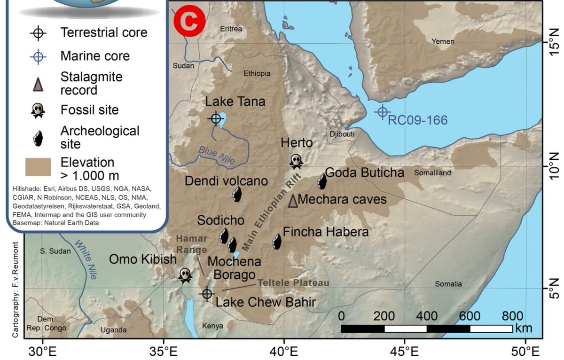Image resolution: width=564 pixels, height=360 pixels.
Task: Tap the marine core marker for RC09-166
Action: click(x=382, y=112)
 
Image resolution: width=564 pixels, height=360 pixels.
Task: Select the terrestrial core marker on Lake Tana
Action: click(x=216, y=118)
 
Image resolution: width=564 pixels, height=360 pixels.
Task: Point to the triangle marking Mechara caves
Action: click(x=293, y=201)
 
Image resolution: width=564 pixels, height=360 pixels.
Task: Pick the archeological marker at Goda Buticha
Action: click(x=322, y=181)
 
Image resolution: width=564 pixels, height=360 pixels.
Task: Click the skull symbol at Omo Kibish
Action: click(x=185, y=275)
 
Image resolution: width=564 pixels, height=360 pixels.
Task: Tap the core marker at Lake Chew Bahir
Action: click(x=207, y=294)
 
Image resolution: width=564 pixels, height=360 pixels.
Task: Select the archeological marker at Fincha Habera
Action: click(x=277, y=241)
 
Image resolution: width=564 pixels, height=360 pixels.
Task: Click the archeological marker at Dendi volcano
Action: click(x=237, y=194)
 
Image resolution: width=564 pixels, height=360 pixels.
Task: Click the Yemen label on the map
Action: click(x=443, y=41)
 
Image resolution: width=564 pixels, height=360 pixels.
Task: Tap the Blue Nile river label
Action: click(x=217, y=155)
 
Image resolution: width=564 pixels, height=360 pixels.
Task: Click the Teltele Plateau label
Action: click(x=293, y=283)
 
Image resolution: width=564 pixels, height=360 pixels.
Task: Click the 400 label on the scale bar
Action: click(x=426, y=315)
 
